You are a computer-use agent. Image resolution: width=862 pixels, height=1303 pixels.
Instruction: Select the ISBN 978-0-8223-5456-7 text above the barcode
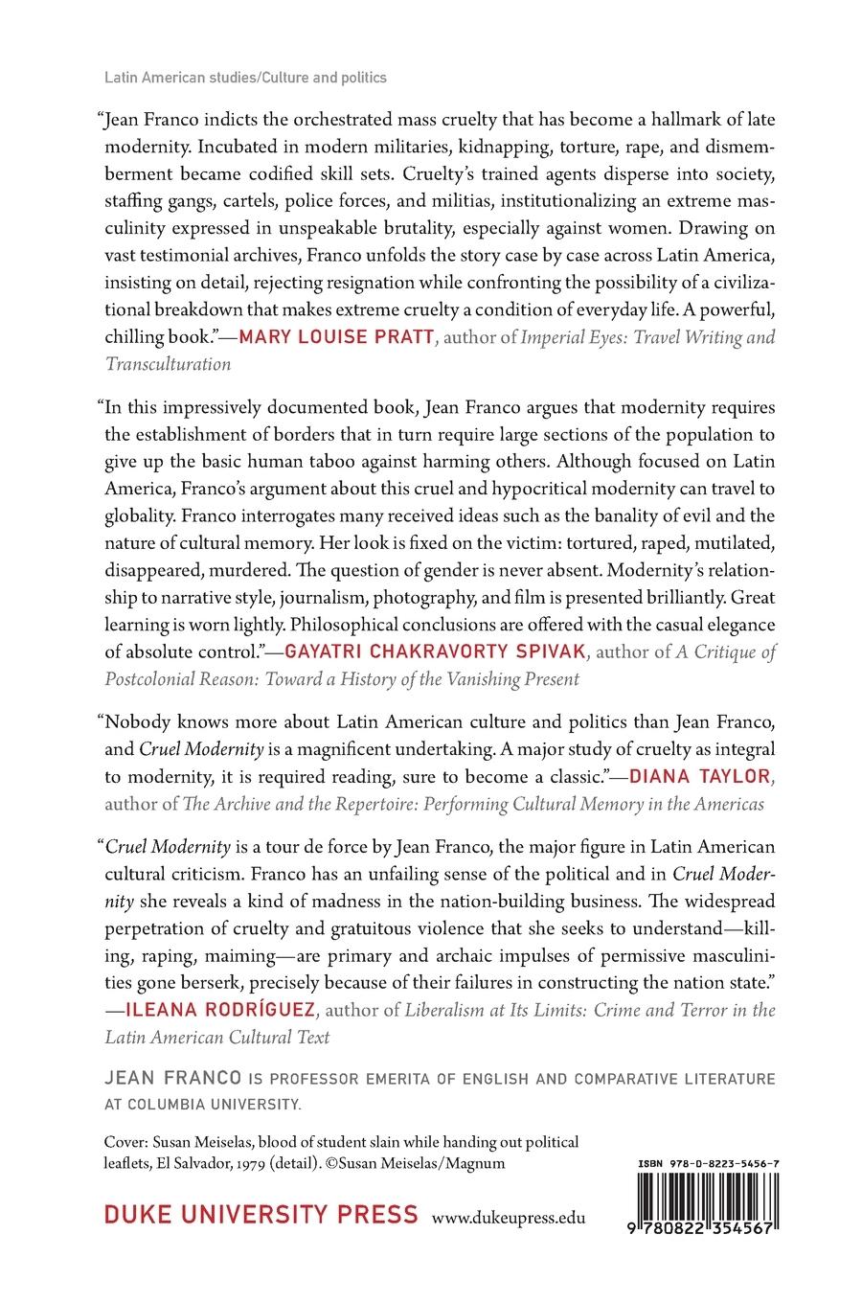pos(707,1162)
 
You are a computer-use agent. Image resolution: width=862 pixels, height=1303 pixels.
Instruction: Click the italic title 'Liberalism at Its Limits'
pos(502,1010)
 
